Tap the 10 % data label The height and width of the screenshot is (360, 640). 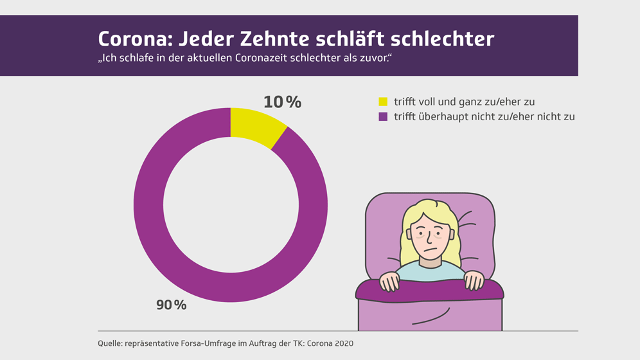[x=282, y=102]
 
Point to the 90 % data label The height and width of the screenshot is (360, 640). [x=172, y=305]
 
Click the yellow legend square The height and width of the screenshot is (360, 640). [x=383, y=102]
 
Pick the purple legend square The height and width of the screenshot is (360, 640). [x=383, y=117]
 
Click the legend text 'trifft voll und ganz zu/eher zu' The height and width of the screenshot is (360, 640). [x=464, y=102]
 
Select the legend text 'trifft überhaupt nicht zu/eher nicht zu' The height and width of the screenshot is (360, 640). [x=484, y=117]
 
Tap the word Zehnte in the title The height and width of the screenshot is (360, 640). [x=275, y=39]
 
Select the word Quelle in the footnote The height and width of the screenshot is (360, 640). [x=110, y=343]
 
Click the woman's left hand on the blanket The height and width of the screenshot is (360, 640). [x=474, y=281]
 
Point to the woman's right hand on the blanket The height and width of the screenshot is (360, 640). [x=389, y=282]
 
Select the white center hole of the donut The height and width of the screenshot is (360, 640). [x=231, y=205]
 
